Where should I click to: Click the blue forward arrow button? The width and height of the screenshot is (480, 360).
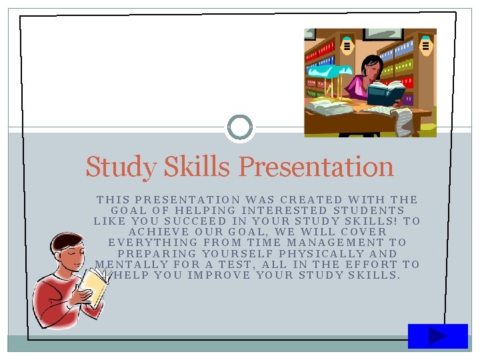coord(437,336)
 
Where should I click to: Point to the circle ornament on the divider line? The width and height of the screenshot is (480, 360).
coord(240,127)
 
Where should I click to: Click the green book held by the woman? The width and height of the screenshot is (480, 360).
coord(386,92)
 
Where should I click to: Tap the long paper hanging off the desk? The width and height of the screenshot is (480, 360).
coord(403,122)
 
